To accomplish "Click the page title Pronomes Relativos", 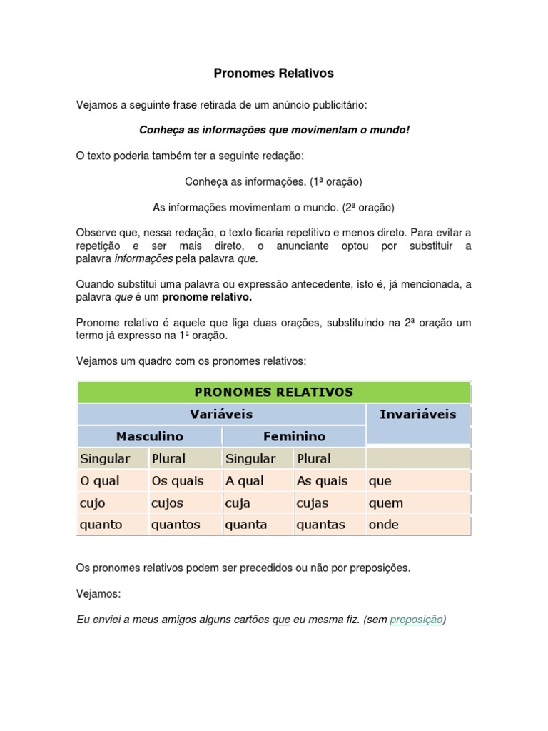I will [274, 74].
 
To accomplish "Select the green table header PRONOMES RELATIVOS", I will [274, 392].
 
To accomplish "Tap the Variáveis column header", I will [221, 414].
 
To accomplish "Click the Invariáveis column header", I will [417, 414].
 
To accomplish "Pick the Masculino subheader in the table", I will [150, 436].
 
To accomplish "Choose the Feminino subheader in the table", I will [294, 436].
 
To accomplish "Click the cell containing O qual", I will [101, 481].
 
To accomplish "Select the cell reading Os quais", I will [178, 481].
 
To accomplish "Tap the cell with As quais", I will [322, 481].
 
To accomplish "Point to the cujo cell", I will [93, 503].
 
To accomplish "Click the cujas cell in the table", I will [313, 503].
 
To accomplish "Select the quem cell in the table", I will [385, 503].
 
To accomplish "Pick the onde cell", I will [384, 525].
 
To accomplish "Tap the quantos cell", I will [176, 525].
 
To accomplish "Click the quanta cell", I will [246, 525].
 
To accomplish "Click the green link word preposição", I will [417, 620].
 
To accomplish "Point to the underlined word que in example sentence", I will [281, 620].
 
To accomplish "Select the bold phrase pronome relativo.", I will [207, 296].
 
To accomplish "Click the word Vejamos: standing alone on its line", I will [98, 594].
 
